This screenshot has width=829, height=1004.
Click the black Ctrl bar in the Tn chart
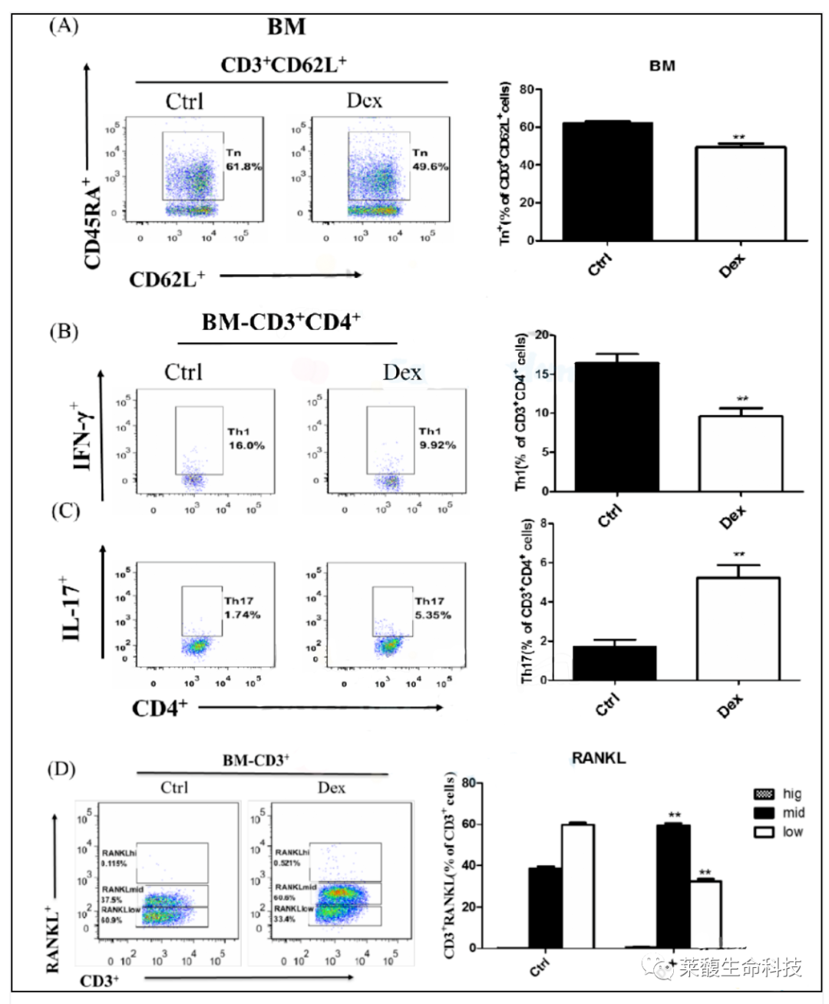(607, 181)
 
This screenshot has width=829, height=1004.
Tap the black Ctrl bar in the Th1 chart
(616, 427)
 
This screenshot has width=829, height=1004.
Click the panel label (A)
(63, 25)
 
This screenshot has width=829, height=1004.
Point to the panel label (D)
(61, 768)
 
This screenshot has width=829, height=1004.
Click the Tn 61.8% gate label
(243, 160)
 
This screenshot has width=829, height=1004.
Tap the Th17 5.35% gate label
(432, 608)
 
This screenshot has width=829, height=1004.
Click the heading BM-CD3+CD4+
(281, 322)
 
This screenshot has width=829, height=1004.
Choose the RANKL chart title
(599, 758)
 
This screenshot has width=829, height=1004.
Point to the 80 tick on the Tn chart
(526, 90)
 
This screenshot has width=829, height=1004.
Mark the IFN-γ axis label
(84, 436)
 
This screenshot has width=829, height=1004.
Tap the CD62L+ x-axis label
(167, 279)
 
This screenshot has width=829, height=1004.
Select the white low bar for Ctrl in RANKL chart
(577, 886)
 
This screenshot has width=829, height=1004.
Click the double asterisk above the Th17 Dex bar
(738, 555)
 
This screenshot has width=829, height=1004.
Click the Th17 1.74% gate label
(242, 608)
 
